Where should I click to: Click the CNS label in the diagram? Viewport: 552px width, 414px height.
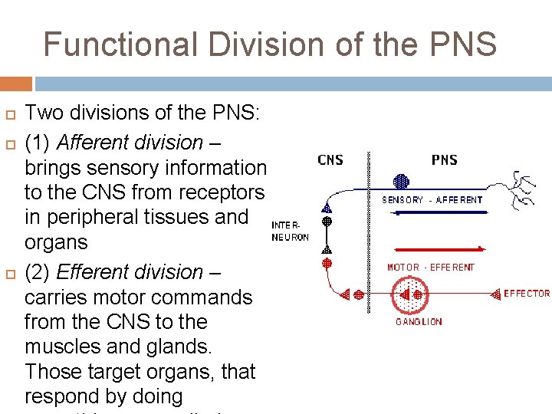click(x=330, y=160)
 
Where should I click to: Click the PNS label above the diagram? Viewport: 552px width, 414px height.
click(x=445, y=160)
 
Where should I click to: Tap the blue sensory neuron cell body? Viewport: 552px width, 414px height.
click(x=400, y=182)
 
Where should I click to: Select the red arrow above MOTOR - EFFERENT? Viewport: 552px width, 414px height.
click(x=438, y=249)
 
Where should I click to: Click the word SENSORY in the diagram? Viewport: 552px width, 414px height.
click(x=402, y=200)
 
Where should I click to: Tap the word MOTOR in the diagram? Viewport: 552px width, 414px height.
click(x=403, y=268)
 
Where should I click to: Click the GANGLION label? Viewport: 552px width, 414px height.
click(x=419, y=322)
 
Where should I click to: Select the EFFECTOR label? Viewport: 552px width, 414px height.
click(x=527, y=294)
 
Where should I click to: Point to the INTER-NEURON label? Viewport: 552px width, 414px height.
click(x=291, y=232)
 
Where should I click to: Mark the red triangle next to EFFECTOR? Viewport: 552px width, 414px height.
click(x=496, y=294)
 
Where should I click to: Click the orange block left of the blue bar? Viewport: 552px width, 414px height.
click(x=16, y=84)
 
